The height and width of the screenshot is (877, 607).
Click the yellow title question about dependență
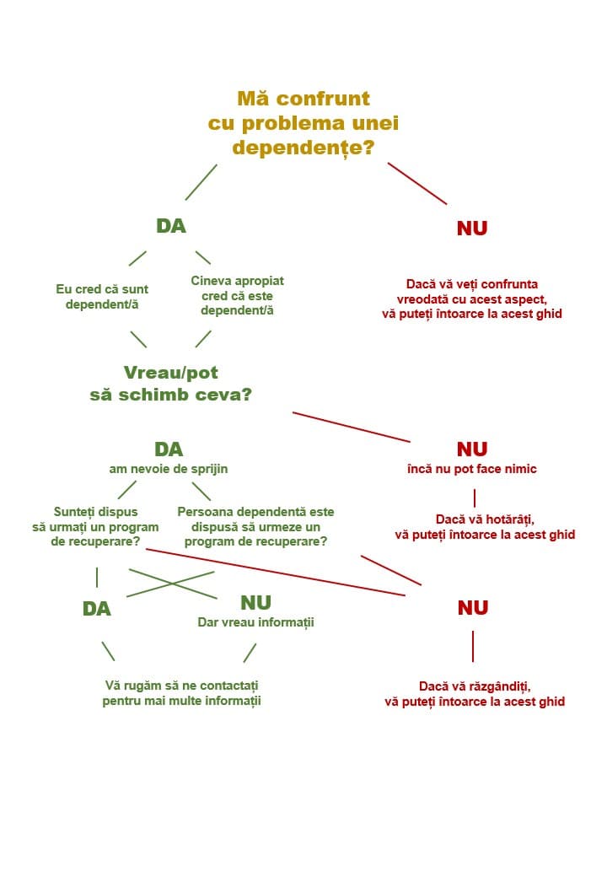[303, 123]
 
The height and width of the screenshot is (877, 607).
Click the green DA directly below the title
[171, 226]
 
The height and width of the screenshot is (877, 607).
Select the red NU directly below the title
[472, 229]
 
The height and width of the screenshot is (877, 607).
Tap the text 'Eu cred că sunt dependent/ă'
[102, 297]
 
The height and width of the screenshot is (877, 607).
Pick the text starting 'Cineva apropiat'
[237, 295]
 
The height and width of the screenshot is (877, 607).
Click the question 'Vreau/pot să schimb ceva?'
[171, 384]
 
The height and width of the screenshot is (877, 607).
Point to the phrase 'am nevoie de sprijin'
[169, 469]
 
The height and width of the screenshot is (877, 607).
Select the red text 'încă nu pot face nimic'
[472, 469]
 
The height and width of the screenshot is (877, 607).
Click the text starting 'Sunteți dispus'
[95, 527]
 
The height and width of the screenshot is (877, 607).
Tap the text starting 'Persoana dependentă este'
[256, 527]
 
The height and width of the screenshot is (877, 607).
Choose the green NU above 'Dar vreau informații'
[256, 602]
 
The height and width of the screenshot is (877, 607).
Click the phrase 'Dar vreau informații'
[256, 622]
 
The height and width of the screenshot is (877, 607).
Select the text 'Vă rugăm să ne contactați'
[181, 686]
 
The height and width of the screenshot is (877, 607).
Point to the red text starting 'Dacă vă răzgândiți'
[475, 694]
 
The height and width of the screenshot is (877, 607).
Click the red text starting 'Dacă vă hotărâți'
[485, 527]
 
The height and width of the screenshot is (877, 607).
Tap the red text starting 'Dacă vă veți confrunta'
[472, 299]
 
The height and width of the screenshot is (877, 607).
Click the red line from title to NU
[417, 184]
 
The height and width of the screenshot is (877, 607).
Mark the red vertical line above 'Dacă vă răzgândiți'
[473, 647]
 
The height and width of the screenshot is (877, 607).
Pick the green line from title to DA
[201, 182]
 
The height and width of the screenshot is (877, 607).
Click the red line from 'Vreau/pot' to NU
[351, 428]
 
